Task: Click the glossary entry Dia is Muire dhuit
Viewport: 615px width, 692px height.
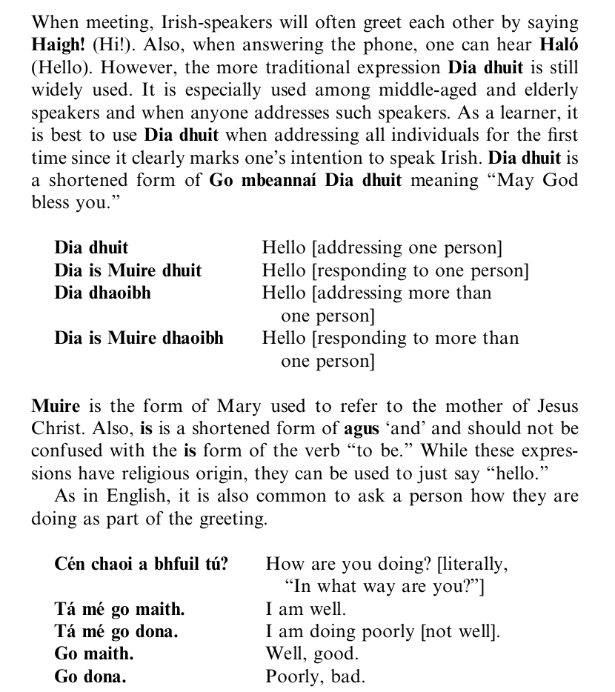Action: pos(127,270)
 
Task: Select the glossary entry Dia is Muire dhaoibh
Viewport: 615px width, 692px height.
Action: pos(139,339)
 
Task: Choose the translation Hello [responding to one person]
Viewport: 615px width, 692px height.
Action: pos(395,270)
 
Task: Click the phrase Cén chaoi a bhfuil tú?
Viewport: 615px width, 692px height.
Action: pos(142,565)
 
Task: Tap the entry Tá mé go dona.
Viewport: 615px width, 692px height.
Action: pos(116,633)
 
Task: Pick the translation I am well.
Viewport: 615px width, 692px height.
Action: pos(305,610)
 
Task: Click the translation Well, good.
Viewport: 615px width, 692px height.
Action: pos(311,654)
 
